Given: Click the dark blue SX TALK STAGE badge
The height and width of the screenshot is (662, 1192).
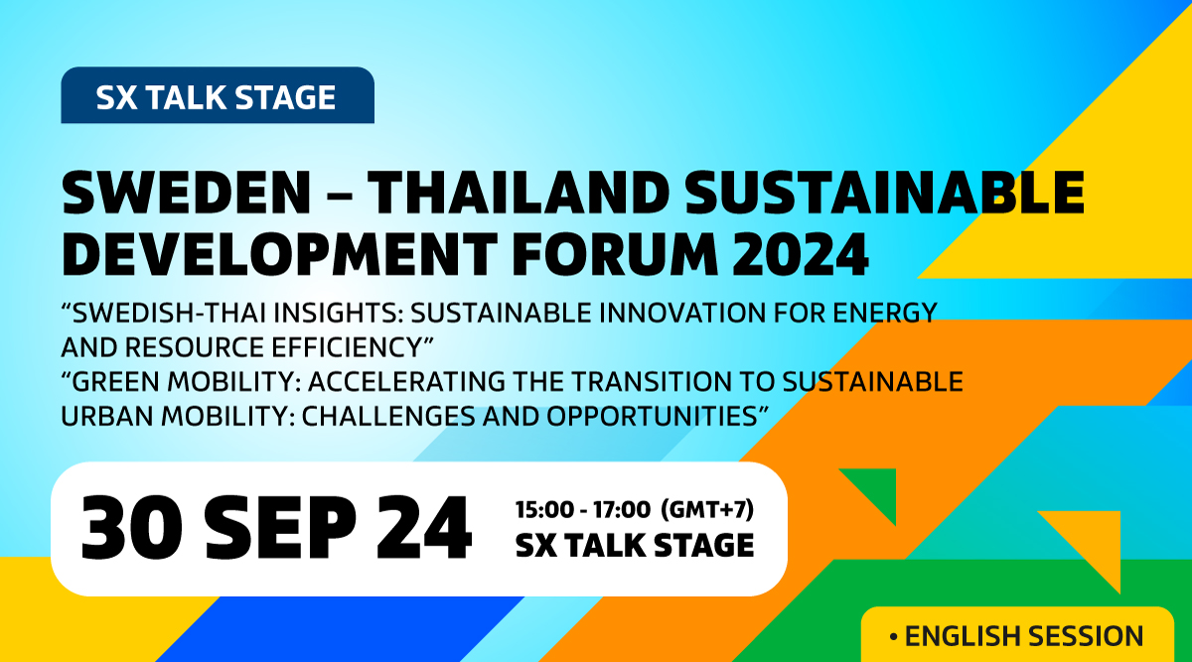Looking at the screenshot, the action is (x=218, y=95).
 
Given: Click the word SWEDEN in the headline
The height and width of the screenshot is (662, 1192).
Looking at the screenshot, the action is (x=187, y=193).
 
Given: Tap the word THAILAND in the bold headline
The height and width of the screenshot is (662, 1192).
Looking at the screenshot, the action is (x=519, y=193).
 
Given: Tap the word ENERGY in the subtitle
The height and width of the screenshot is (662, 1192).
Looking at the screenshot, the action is (x=884, y=313).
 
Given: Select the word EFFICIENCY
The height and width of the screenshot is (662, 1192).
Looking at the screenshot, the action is (x=347, y=347).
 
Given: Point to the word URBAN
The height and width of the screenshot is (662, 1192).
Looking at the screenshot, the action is (x=106, y=416).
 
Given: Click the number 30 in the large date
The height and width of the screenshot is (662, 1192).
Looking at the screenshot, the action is (x=132, y=527).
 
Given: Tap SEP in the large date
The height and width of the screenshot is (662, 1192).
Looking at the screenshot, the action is (x=280, y=527).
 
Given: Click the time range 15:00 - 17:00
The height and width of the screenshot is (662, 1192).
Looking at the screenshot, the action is (x=583, y=510).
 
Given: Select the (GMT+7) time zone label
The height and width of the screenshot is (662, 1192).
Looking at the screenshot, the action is (x=707, y=509).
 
